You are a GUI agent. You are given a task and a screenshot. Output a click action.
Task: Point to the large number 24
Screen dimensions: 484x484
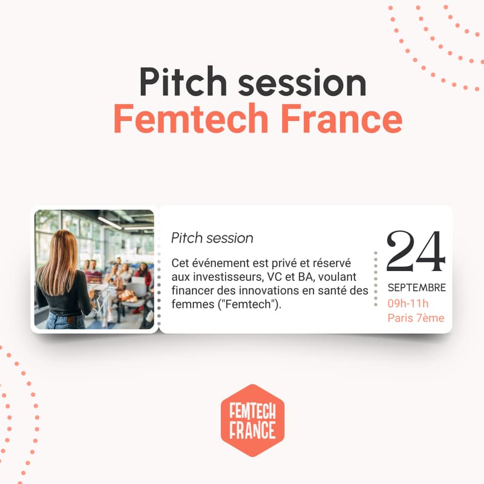tap(416, 252)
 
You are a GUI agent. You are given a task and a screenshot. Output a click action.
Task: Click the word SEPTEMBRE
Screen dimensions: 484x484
tap(417, 287)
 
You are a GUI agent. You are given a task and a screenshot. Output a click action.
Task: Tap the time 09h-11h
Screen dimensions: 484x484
tap(408, 303)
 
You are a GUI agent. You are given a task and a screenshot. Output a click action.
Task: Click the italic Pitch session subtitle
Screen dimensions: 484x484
tap(212, 238)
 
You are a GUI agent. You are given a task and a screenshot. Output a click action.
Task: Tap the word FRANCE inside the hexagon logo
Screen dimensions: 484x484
tap(252, 430)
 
